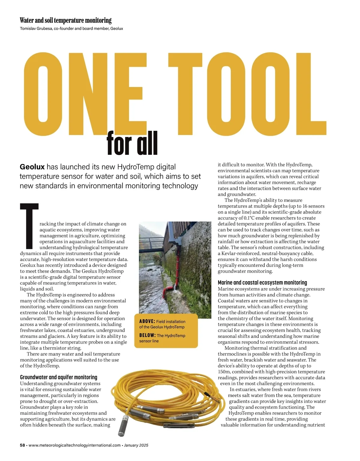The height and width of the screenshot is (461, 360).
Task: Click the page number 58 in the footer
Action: point(22,445)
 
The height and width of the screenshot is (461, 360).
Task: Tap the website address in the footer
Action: point(74,445)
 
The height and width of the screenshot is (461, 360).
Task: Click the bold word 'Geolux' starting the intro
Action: point(32,167)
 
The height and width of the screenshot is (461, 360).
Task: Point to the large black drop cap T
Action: point(29,226)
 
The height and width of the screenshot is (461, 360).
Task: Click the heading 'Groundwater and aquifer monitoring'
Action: point(58,377)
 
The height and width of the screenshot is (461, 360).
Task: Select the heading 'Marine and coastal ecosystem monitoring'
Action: point(262,283)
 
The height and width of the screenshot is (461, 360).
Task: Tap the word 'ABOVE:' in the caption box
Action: point(147,322)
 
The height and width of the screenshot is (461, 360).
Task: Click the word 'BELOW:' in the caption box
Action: point(147,336)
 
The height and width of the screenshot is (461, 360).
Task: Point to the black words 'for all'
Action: point(132,143)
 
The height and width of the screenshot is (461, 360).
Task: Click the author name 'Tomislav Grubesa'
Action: point(36,28)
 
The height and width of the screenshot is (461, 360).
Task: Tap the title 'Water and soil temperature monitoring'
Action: point(65,20)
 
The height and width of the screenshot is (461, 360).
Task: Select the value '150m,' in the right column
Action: point(225,372)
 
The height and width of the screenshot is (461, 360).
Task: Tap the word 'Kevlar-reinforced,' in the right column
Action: point(241,253)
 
